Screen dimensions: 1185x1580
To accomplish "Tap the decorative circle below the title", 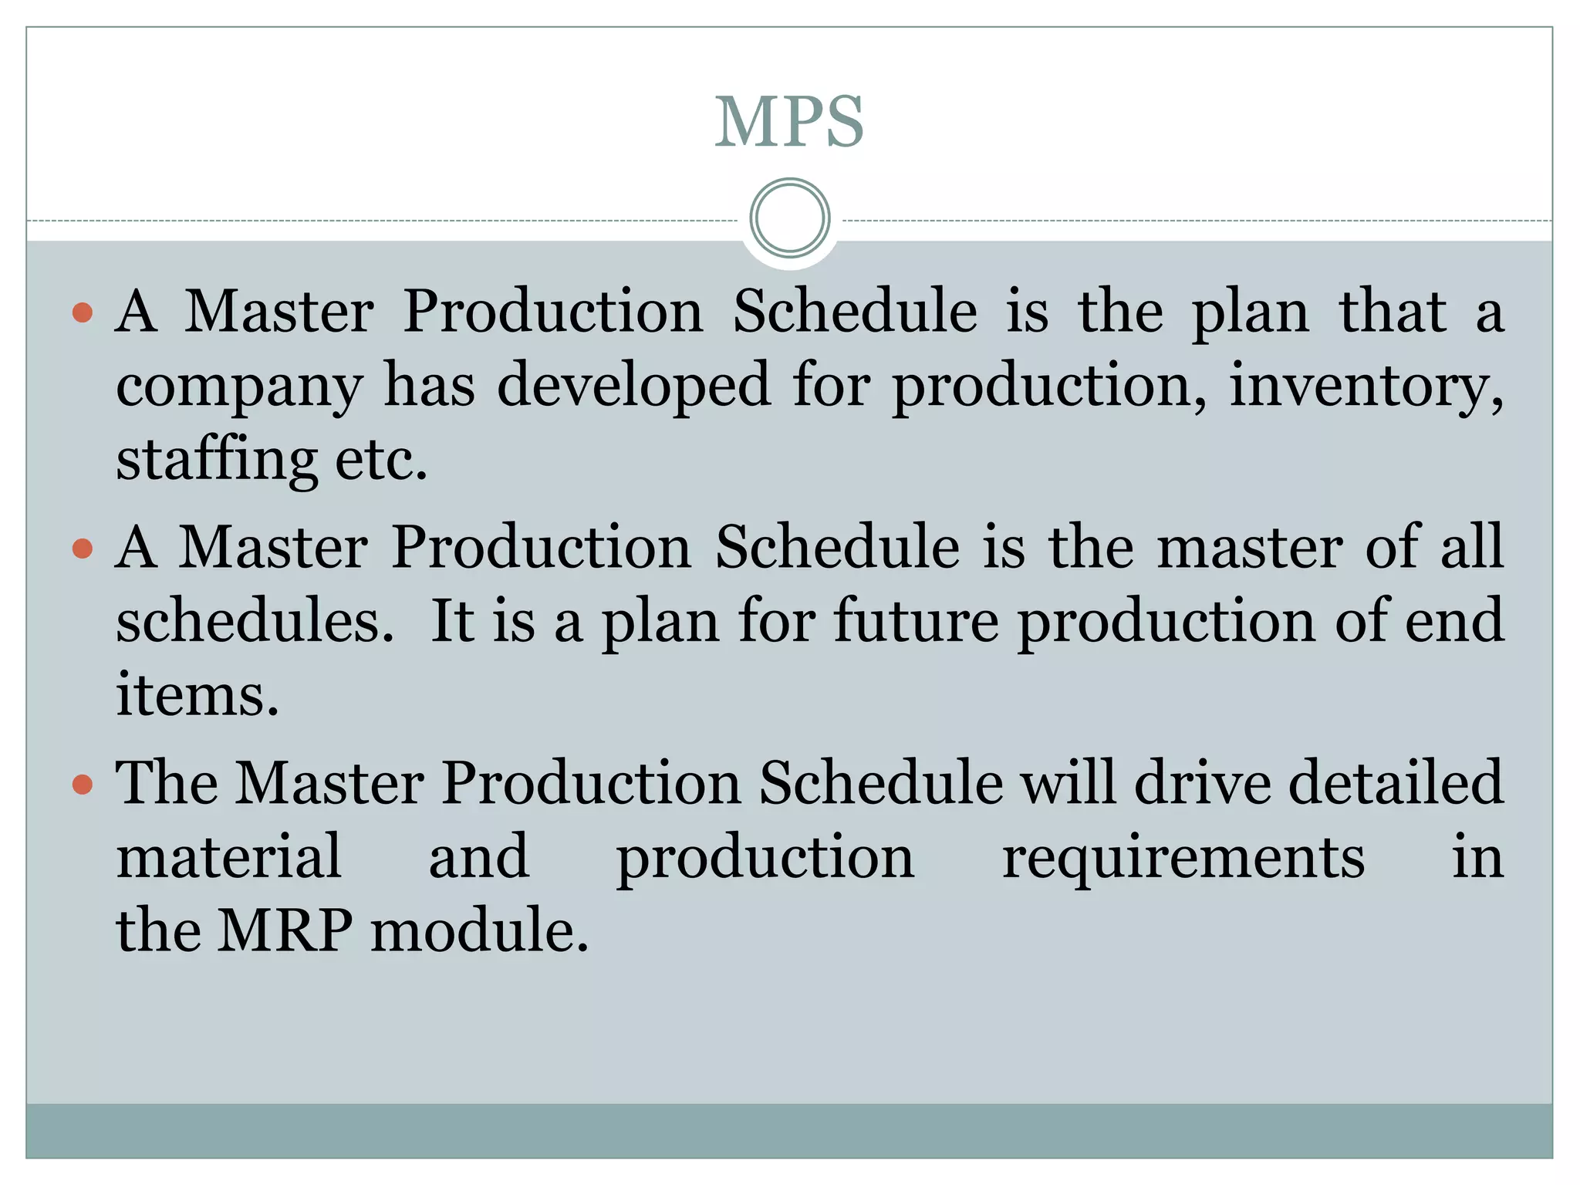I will (x=789, y=218).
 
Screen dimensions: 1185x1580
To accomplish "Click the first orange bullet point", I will (x=82, y=312).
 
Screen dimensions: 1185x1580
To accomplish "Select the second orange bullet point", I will (x=82, y=549).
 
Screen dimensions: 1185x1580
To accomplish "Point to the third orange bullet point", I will (x=82, y=785).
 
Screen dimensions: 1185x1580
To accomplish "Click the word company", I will (x=238, y=386).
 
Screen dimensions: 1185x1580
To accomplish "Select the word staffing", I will (x=216, y=460).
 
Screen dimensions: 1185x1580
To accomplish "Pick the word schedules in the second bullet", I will (x=255, y=621).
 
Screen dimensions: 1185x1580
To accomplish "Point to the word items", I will (x=197, y=694).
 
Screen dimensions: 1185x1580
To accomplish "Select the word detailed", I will (x=1396, y=783).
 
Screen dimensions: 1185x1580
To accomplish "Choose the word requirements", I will (x=1183, y=858).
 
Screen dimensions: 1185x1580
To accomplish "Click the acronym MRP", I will (x=285, y=930).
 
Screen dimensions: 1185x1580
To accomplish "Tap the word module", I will (x=479, y=930).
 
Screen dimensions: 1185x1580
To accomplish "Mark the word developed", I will (x=633, y=386).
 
